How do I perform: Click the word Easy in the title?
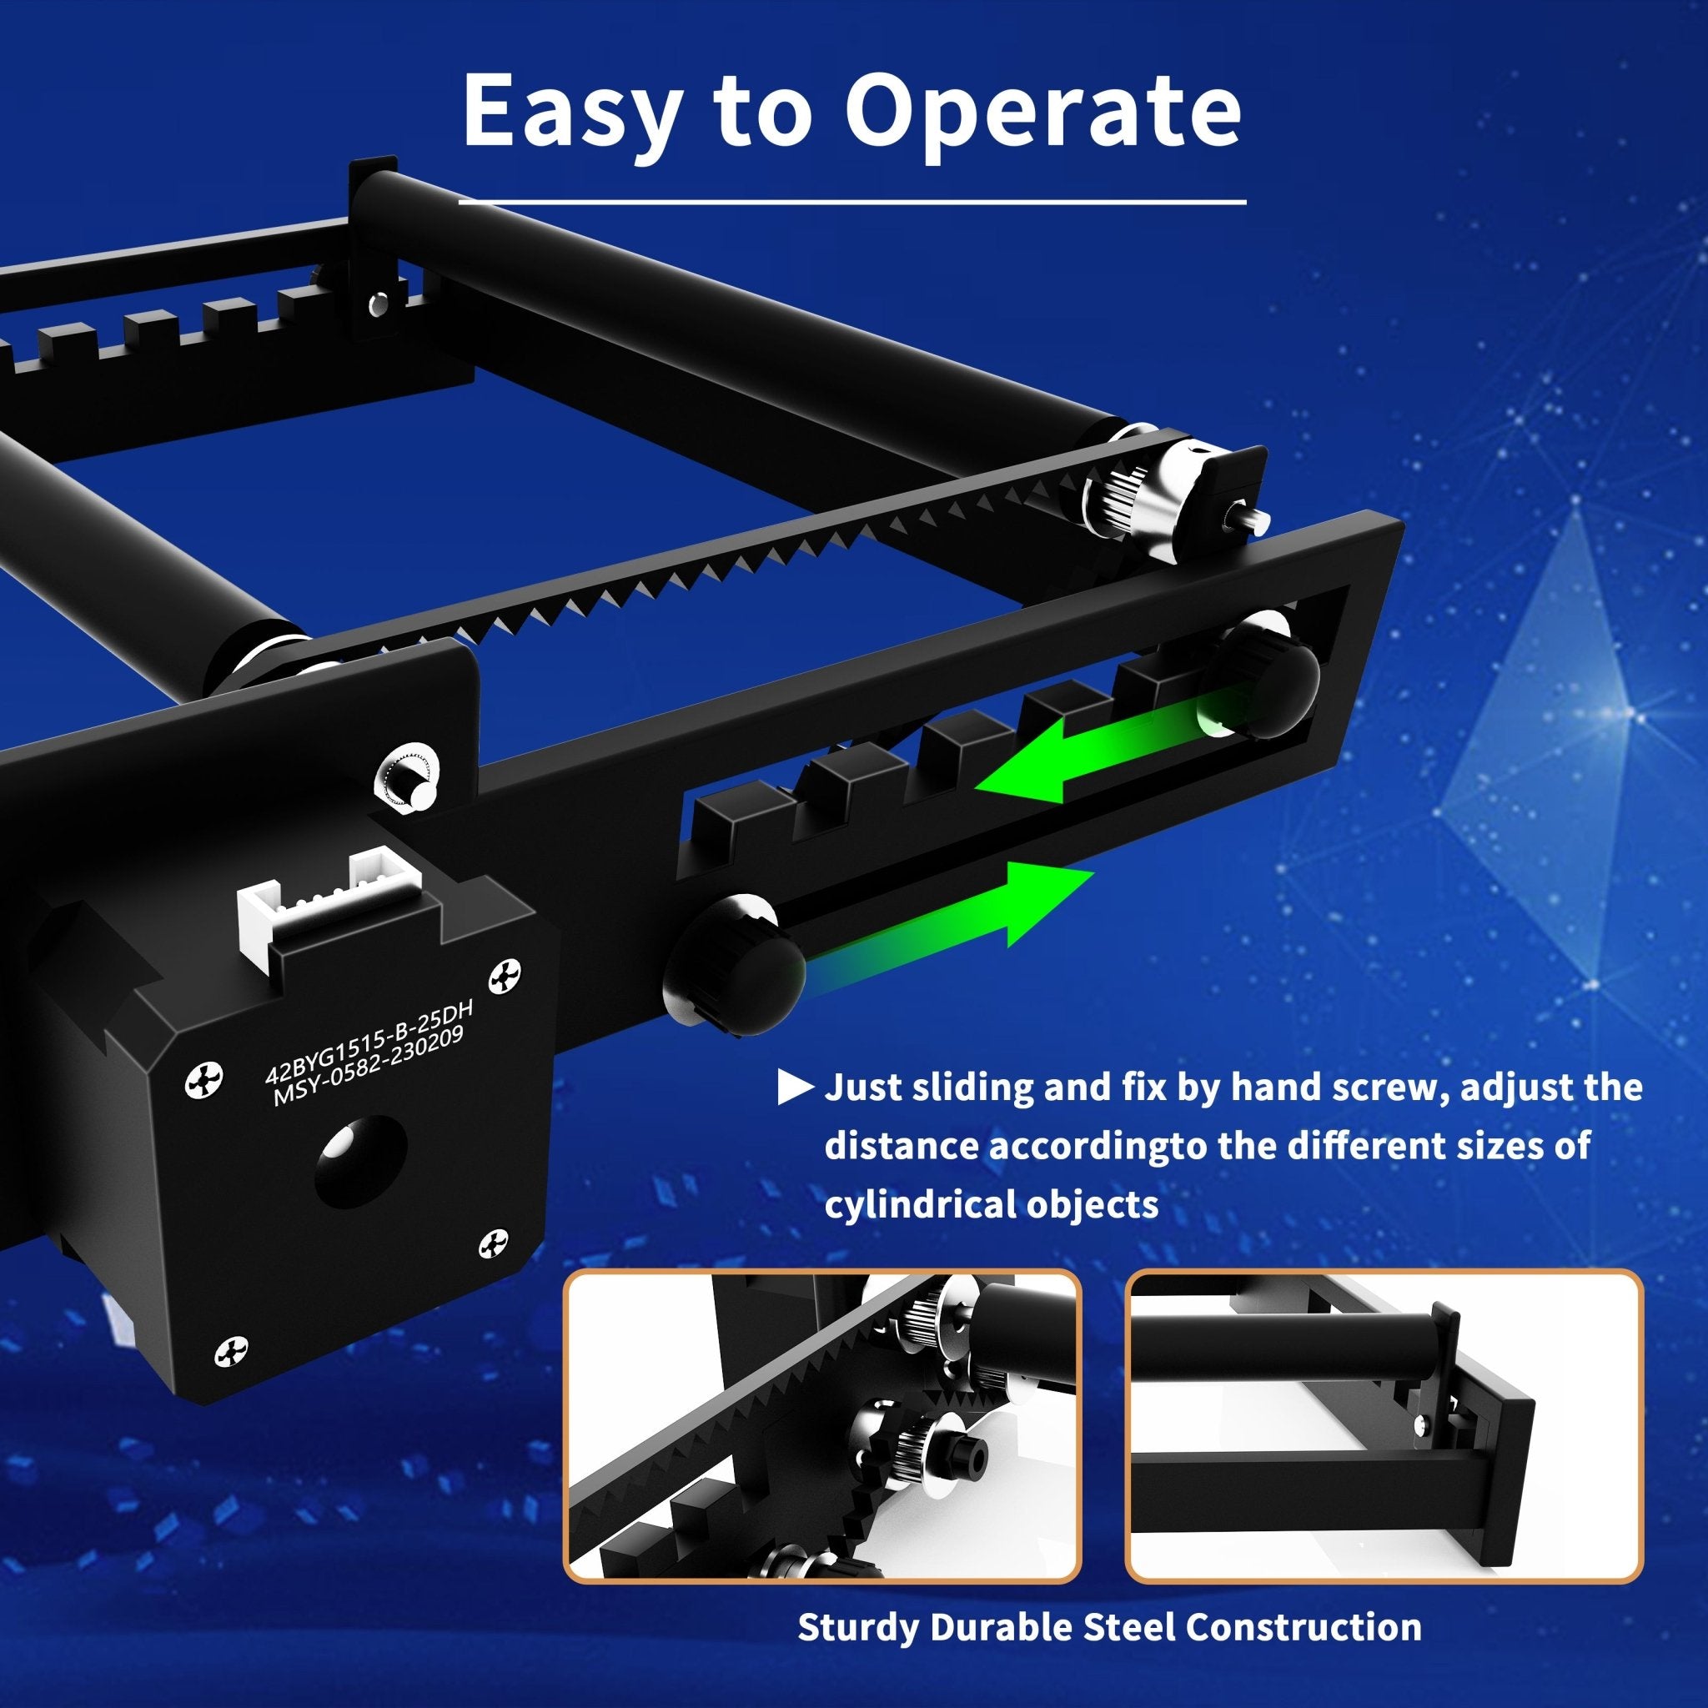point(573,111)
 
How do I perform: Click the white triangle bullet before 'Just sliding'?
point(794,1088)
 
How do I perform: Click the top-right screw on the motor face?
point(505,975)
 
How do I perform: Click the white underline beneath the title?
point(852,203)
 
